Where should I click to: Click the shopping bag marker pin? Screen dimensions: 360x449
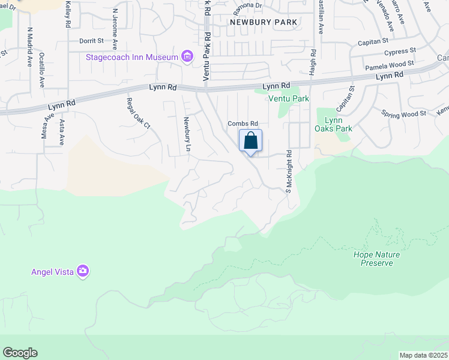click(x=251, y=142)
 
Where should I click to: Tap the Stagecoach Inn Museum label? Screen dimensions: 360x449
click(x=132, y=58)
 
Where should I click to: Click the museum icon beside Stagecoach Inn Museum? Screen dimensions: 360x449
click(x=187, y=57)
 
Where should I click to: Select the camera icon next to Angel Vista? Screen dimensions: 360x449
click(x=83, y=272)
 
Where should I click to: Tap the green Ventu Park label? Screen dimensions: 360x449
click(x=288, y=98)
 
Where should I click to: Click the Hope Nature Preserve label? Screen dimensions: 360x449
click(x=376, y=259)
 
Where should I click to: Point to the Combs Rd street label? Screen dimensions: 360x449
click(x=243, y=124)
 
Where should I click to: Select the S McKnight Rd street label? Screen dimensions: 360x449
click(x=288, y=170)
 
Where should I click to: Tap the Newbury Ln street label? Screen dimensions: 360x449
click(x=187, y=133)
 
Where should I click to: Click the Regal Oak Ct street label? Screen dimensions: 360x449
click(x=139, y=113)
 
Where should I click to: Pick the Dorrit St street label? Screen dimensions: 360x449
click(x=91, y=41)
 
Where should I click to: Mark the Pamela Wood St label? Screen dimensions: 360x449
click(x=390, y=63)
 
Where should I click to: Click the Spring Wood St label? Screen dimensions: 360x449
click(x=403, y=113)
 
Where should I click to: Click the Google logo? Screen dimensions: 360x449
click(x=20, y=353)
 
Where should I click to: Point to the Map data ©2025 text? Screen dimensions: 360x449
click(x=423, y=355)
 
